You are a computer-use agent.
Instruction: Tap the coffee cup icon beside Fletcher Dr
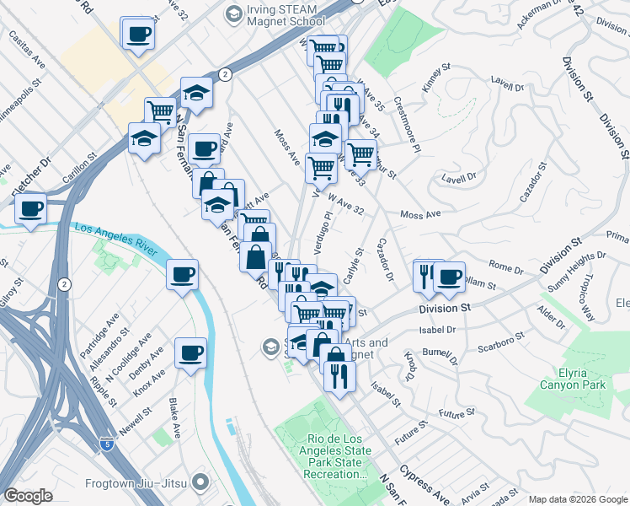31,208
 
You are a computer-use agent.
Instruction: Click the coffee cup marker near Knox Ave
190,353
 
